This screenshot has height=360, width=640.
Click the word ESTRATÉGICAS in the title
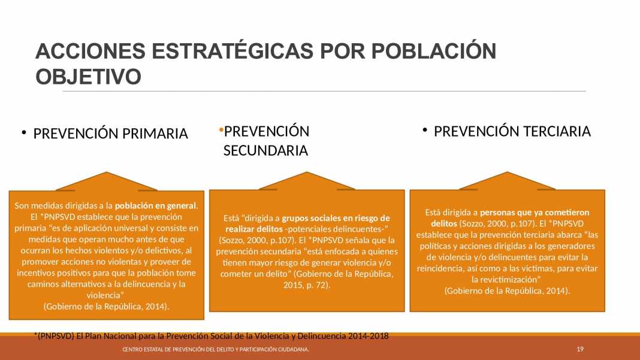pyautogui.click(x=233, y=51)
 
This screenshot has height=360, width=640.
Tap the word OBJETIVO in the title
pyautogui.click(x=89, y=76)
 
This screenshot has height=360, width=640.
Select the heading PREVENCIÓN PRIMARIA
pyautogui.click(x=111, y=134)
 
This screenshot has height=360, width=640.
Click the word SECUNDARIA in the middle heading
pyautogui.click(x=265, y=150)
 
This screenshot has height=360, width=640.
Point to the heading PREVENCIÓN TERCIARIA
pyautogui.click(x=512, y=131)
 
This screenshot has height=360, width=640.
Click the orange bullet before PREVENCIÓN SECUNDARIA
pyautogui.click(x=221, y=130)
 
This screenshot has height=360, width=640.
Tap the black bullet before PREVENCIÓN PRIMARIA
pyautogui.click(x=24, y=132)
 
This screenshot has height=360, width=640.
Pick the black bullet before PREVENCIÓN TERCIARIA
pyautogui.click(x=425, y=130)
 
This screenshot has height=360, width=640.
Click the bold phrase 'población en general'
pyautogui.click(x=156, y=205)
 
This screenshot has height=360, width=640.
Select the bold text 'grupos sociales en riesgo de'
pyautogui.click(x=336, y=219)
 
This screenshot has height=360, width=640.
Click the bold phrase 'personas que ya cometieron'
pyautogui.click(x=535, y=212)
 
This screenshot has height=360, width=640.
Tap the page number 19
pyautogui.click(x=580, y=349)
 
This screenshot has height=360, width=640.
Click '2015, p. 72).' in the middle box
pyautogui.click(x=307, y=285)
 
